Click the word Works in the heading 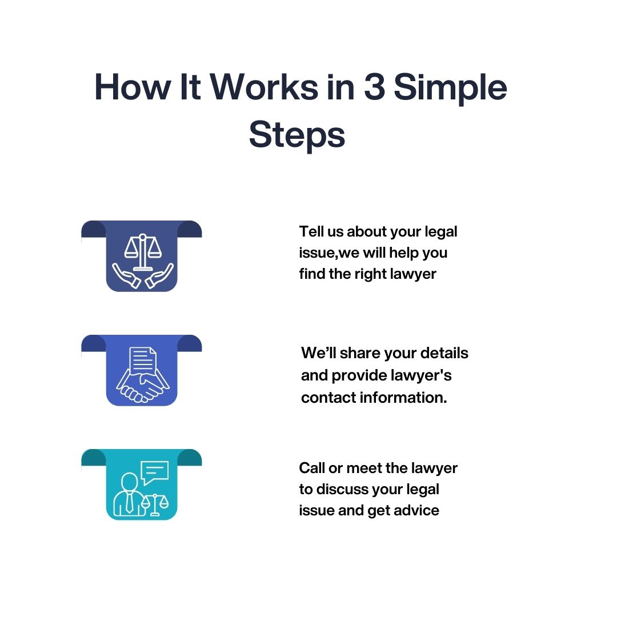click(x=265, y=87)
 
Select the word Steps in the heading click(x=297, y=135)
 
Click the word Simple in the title click(x=451, y=87)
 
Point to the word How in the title click(x=132, y=87)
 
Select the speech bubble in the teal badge click(x=155, y=472)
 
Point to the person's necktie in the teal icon click(x=130, y=502)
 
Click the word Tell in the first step click(x=310, y=231)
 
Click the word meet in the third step click(x=364, y=468)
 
